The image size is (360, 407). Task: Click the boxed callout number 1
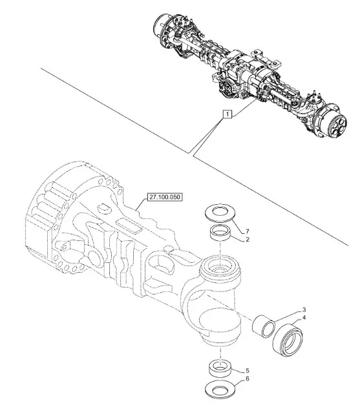(228, 114)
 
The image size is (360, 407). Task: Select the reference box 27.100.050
(165, 197)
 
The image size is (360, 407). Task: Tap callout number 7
(248, 231)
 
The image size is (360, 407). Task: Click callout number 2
(248, 239)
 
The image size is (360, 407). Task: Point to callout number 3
(304, 309)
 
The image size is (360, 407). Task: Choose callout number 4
(304, 317)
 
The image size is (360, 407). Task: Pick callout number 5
(248, 370)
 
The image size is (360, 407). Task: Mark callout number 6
(248, 379)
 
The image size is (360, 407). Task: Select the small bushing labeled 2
(220, 233)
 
